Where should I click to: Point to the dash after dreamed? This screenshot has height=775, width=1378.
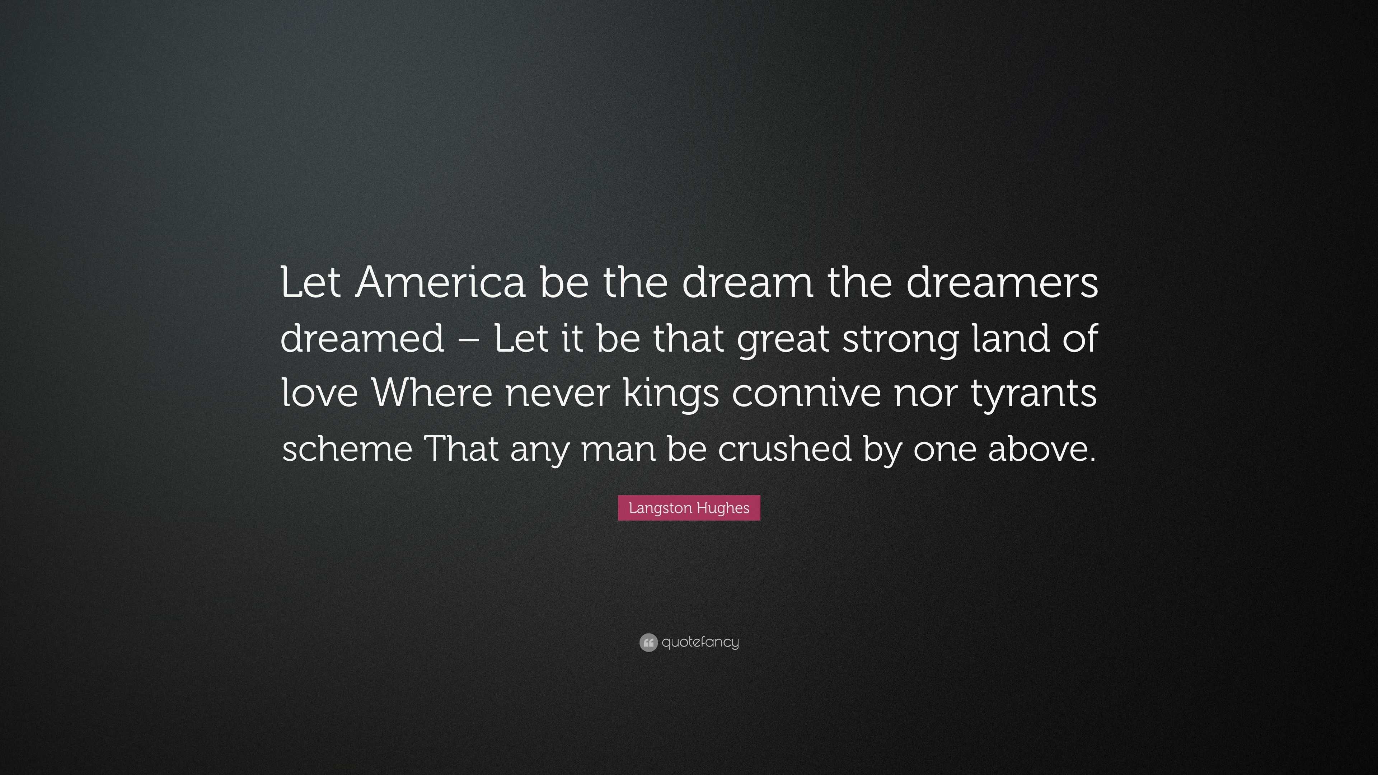pyautogui.click(x=469, y=339)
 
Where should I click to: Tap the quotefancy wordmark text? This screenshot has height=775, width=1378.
pyautogui.click(x=700, y=642)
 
